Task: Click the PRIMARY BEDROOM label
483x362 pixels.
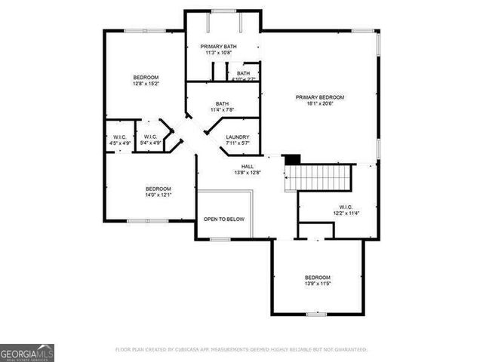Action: (x=320, y=97)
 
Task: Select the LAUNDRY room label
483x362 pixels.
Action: (x=237, y=137)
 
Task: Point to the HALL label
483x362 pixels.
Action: (x=248, y=166)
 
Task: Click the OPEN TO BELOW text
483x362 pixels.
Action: (x=224, y=219)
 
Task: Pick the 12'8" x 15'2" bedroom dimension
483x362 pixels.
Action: (x=146, y=84)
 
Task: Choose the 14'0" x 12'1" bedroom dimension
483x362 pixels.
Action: (x=158, y=195)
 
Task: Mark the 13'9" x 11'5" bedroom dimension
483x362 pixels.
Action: (x=318, y=284)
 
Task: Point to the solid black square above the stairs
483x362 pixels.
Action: (x=292, y=159)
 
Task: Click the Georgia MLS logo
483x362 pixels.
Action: (x=27, y=353)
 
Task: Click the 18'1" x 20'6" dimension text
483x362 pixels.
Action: (x=320, y=104)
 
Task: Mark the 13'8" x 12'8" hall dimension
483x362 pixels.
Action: (x=248, y=173)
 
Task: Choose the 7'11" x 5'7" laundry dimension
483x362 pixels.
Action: (x=237, y=143)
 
